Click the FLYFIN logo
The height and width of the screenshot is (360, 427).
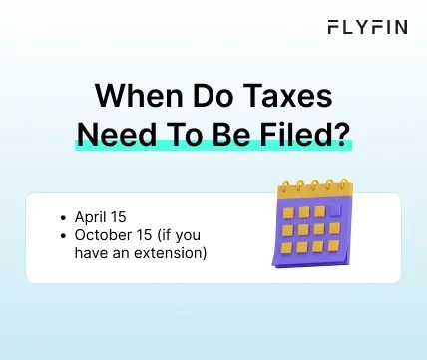coord(367,27)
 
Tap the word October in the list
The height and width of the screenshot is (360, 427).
coord(103,235)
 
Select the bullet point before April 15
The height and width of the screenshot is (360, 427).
coord(65,217)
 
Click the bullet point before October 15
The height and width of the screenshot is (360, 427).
coord(65,236)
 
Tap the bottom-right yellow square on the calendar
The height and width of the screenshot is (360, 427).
coord(333,245)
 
